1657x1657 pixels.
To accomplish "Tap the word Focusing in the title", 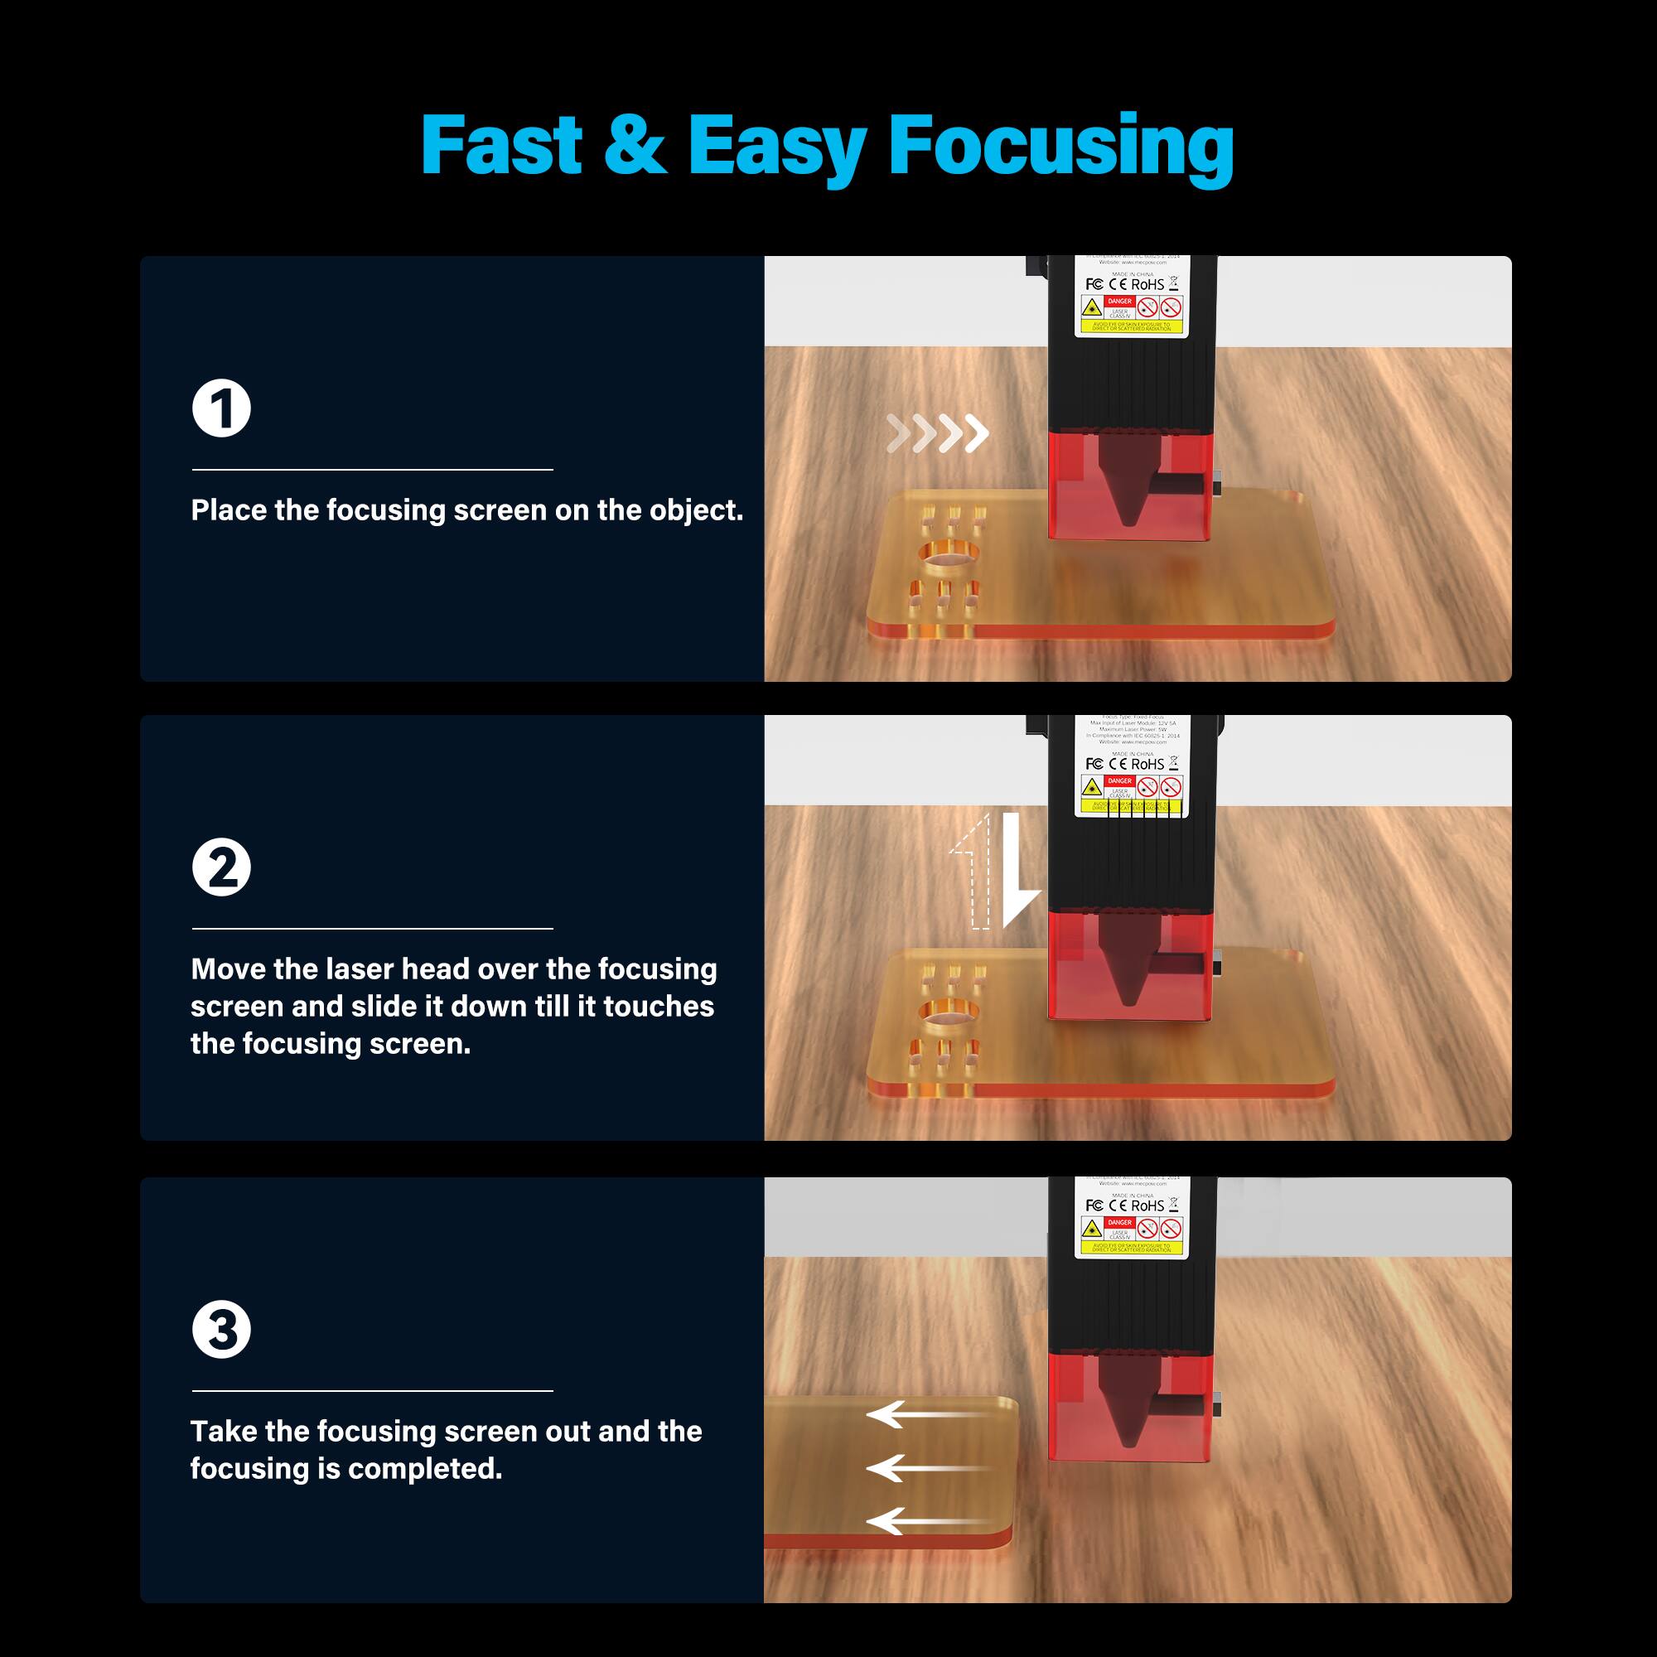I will [1061, 147].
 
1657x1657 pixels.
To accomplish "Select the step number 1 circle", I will [221, 408].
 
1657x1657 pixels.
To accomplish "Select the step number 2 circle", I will [221, 868].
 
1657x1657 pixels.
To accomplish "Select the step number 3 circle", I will [221, 1331].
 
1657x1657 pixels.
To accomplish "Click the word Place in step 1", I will [229, 510].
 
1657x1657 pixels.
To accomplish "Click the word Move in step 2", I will [228, 969].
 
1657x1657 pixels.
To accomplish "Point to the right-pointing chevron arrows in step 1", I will [937, 433].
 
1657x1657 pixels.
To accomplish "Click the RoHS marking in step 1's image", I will [1147, 284].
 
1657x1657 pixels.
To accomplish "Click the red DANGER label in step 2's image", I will [1120, 780].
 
